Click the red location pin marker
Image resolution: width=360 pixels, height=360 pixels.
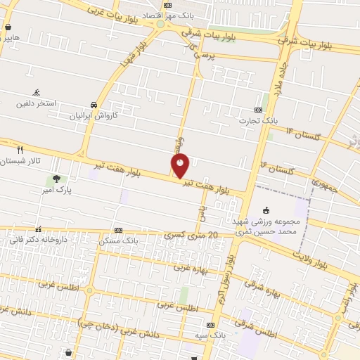click(x=181, y=165)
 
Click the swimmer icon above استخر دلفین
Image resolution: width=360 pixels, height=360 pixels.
click(x=36, y=92)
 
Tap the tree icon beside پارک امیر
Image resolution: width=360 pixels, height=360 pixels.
click(x=56, y=178)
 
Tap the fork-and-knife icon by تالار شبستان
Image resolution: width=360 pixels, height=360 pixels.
click(x=20, y=150)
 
